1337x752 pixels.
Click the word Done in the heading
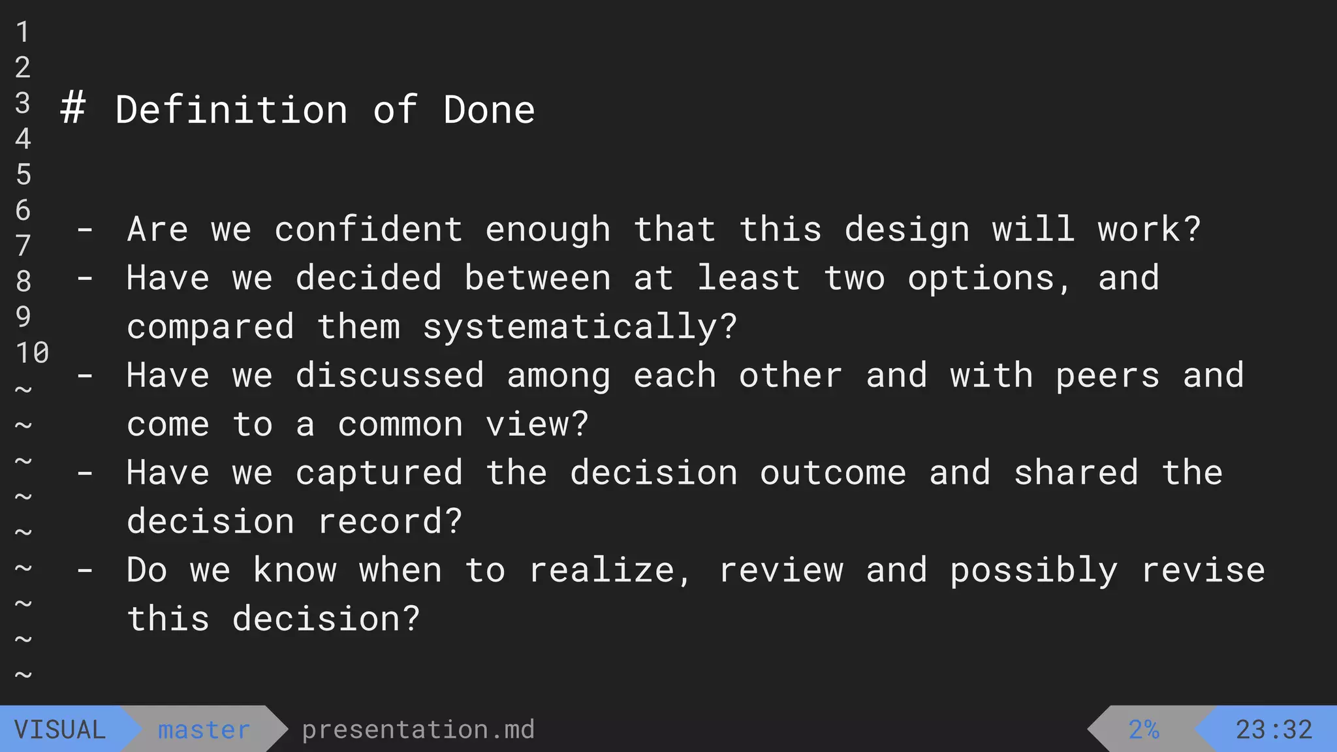(489, 110)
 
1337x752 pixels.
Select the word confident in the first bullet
(369, 230)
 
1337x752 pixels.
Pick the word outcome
(833, 473)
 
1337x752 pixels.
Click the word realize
(601, 571)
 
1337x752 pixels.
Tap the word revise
(1203, 571)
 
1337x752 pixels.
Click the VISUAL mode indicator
(60, 730)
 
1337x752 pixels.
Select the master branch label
(204, 730)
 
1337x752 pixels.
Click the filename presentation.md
(418, 730)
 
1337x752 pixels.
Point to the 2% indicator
(1144, 730)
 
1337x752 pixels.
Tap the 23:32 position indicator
(1274, 730)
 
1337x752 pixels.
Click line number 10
(32, 353)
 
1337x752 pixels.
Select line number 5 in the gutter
(24, 175)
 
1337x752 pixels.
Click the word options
(981, 279)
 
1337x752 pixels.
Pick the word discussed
(390, 376)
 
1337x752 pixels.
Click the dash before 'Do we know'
(85, 571)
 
